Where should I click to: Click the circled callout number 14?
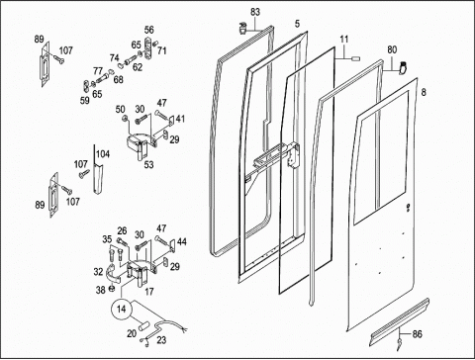coord(122,309)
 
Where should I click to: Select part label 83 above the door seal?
coord(255,12)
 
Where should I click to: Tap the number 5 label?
coord(298,24)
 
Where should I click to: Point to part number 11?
coord(344,40)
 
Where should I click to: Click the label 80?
coord(392,49)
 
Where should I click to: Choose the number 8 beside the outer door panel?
coord(424,92)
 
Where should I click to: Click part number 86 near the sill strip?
coord(418,334)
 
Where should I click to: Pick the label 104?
coord(103,154)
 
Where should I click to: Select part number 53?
coord(148,164)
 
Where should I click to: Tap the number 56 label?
coord(149,30)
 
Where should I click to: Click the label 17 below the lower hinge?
coord(149,292)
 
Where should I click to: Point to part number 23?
coord(161,340)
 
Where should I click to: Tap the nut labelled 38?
coord(112,289)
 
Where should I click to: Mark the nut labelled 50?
coord(126,118)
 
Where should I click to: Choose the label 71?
coord(161,50)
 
